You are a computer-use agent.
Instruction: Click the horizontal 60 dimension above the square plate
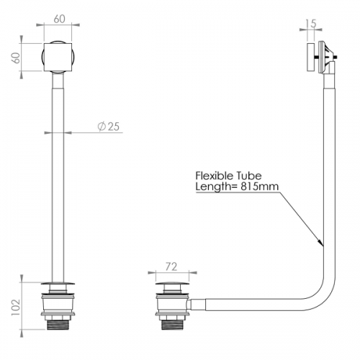tap(59, 19)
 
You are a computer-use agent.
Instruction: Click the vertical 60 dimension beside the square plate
tap(17, 58)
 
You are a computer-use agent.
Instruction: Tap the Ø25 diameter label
tap(109, 127)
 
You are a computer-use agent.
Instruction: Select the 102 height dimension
tap(16, 307)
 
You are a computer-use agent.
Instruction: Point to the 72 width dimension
tap(171, 266)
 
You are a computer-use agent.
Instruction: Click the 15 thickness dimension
tap(311, 24)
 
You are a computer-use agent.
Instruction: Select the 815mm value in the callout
tap(260, 186)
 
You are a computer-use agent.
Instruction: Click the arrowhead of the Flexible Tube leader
tap(321, 243)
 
